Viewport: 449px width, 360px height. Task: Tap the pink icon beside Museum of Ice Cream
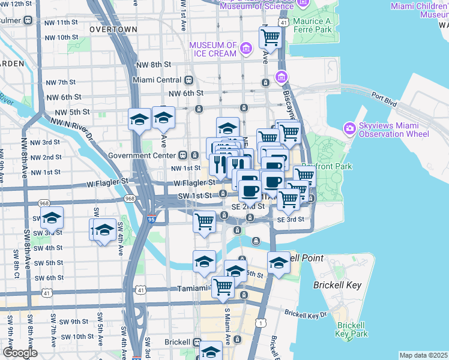click(x=245, y=48)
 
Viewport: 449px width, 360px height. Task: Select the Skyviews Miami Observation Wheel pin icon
click(x=350, y=128)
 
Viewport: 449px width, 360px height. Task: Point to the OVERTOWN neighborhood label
click(x=113, y=29)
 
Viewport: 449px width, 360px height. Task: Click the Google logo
click(x=20, y=353)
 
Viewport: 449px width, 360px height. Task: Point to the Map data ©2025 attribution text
click(x=423, y=355)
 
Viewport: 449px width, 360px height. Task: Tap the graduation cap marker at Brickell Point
click(x=279, y=263)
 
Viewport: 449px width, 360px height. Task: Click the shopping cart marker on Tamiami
click(x=223, y=287)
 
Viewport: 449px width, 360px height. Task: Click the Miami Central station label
click(x=157, y=79)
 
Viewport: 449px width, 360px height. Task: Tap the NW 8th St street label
click(x=153, y=64)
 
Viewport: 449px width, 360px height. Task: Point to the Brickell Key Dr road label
click(x=306, y=313)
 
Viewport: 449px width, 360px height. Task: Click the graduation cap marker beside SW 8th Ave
click(x=52, y=218)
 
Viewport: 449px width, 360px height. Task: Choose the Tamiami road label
click(x=192, y=289)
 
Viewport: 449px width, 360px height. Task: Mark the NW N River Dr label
click(x=73, y=128)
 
